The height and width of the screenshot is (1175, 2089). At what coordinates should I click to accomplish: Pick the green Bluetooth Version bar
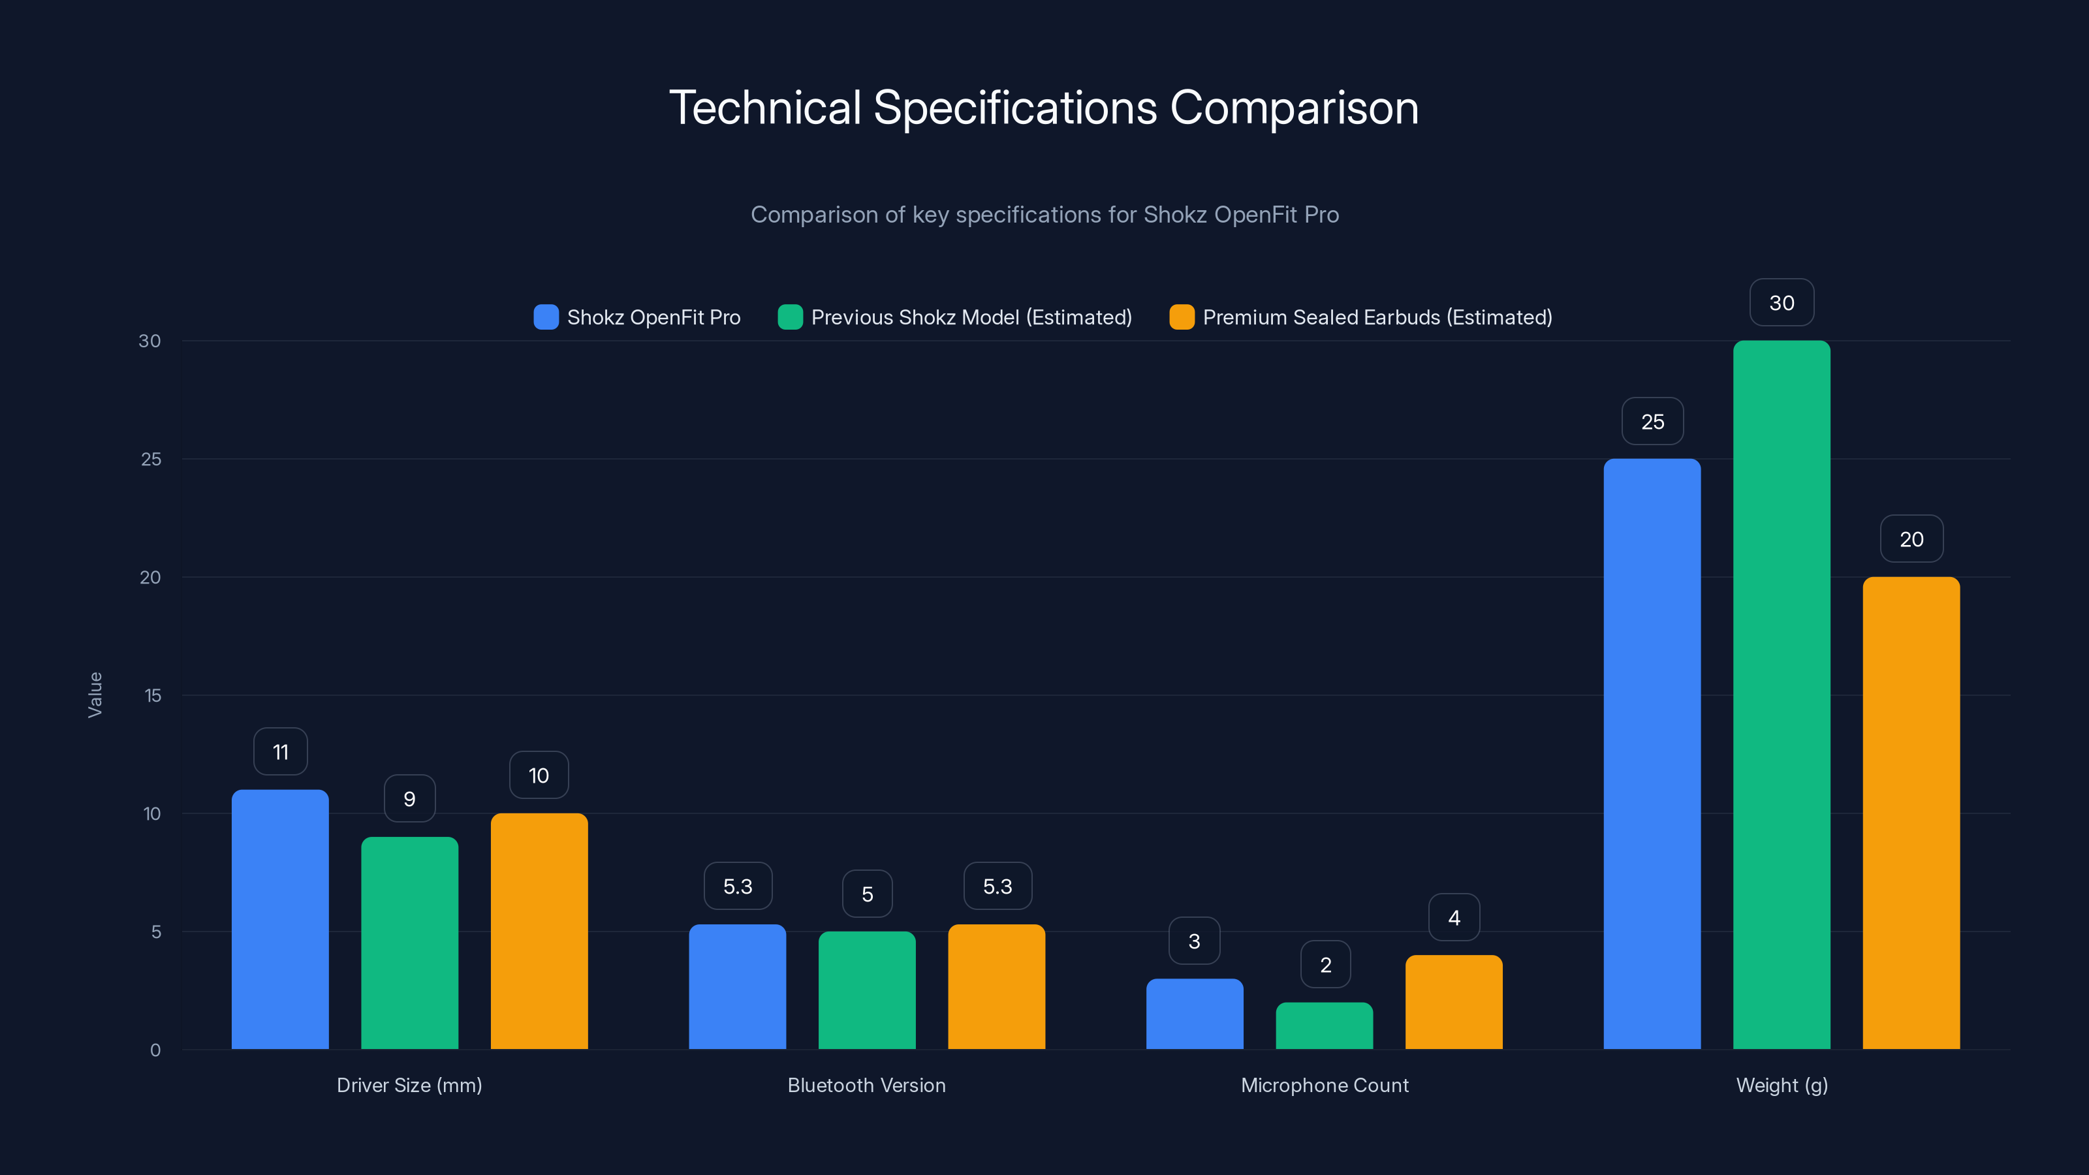(x=867, y=990)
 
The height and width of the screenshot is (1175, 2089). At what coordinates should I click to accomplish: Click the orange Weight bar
(x=1911, y=813)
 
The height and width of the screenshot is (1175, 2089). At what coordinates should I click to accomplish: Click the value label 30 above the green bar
(x=1782, y=304)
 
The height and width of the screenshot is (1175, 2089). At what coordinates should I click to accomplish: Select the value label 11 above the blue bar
(x=281, y=752)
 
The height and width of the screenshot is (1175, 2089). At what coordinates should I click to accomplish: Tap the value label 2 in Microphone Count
(x=1325, y=965)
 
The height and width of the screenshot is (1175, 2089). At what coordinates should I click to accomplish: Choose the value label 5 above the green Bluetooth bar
(x=867, y=894)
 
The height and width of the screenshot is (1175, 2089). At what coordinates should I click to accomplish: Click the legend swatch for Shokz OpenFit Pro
(x=546, y=317)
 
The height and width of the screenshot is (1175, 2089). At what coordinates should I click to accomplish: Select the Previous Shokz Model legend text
(x=971, y=317)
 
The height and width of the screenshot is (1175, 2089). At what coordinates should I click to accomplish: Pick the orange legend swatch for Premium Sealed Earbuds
(x=1182, y=317)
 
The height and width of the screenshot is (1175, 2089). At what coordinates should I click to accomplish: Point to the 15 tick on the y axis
(x=153, y=695)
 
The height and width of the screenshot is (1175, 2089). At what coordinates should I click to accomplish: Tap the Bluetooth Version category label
(x=866, y=1085)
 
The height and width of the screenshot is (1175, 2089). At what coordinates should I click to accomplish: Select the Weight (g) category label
(x=1782, y=1085)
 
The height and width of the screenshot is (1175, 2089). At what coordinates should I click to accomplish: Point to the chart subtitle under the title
(x=1044, y=215)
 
